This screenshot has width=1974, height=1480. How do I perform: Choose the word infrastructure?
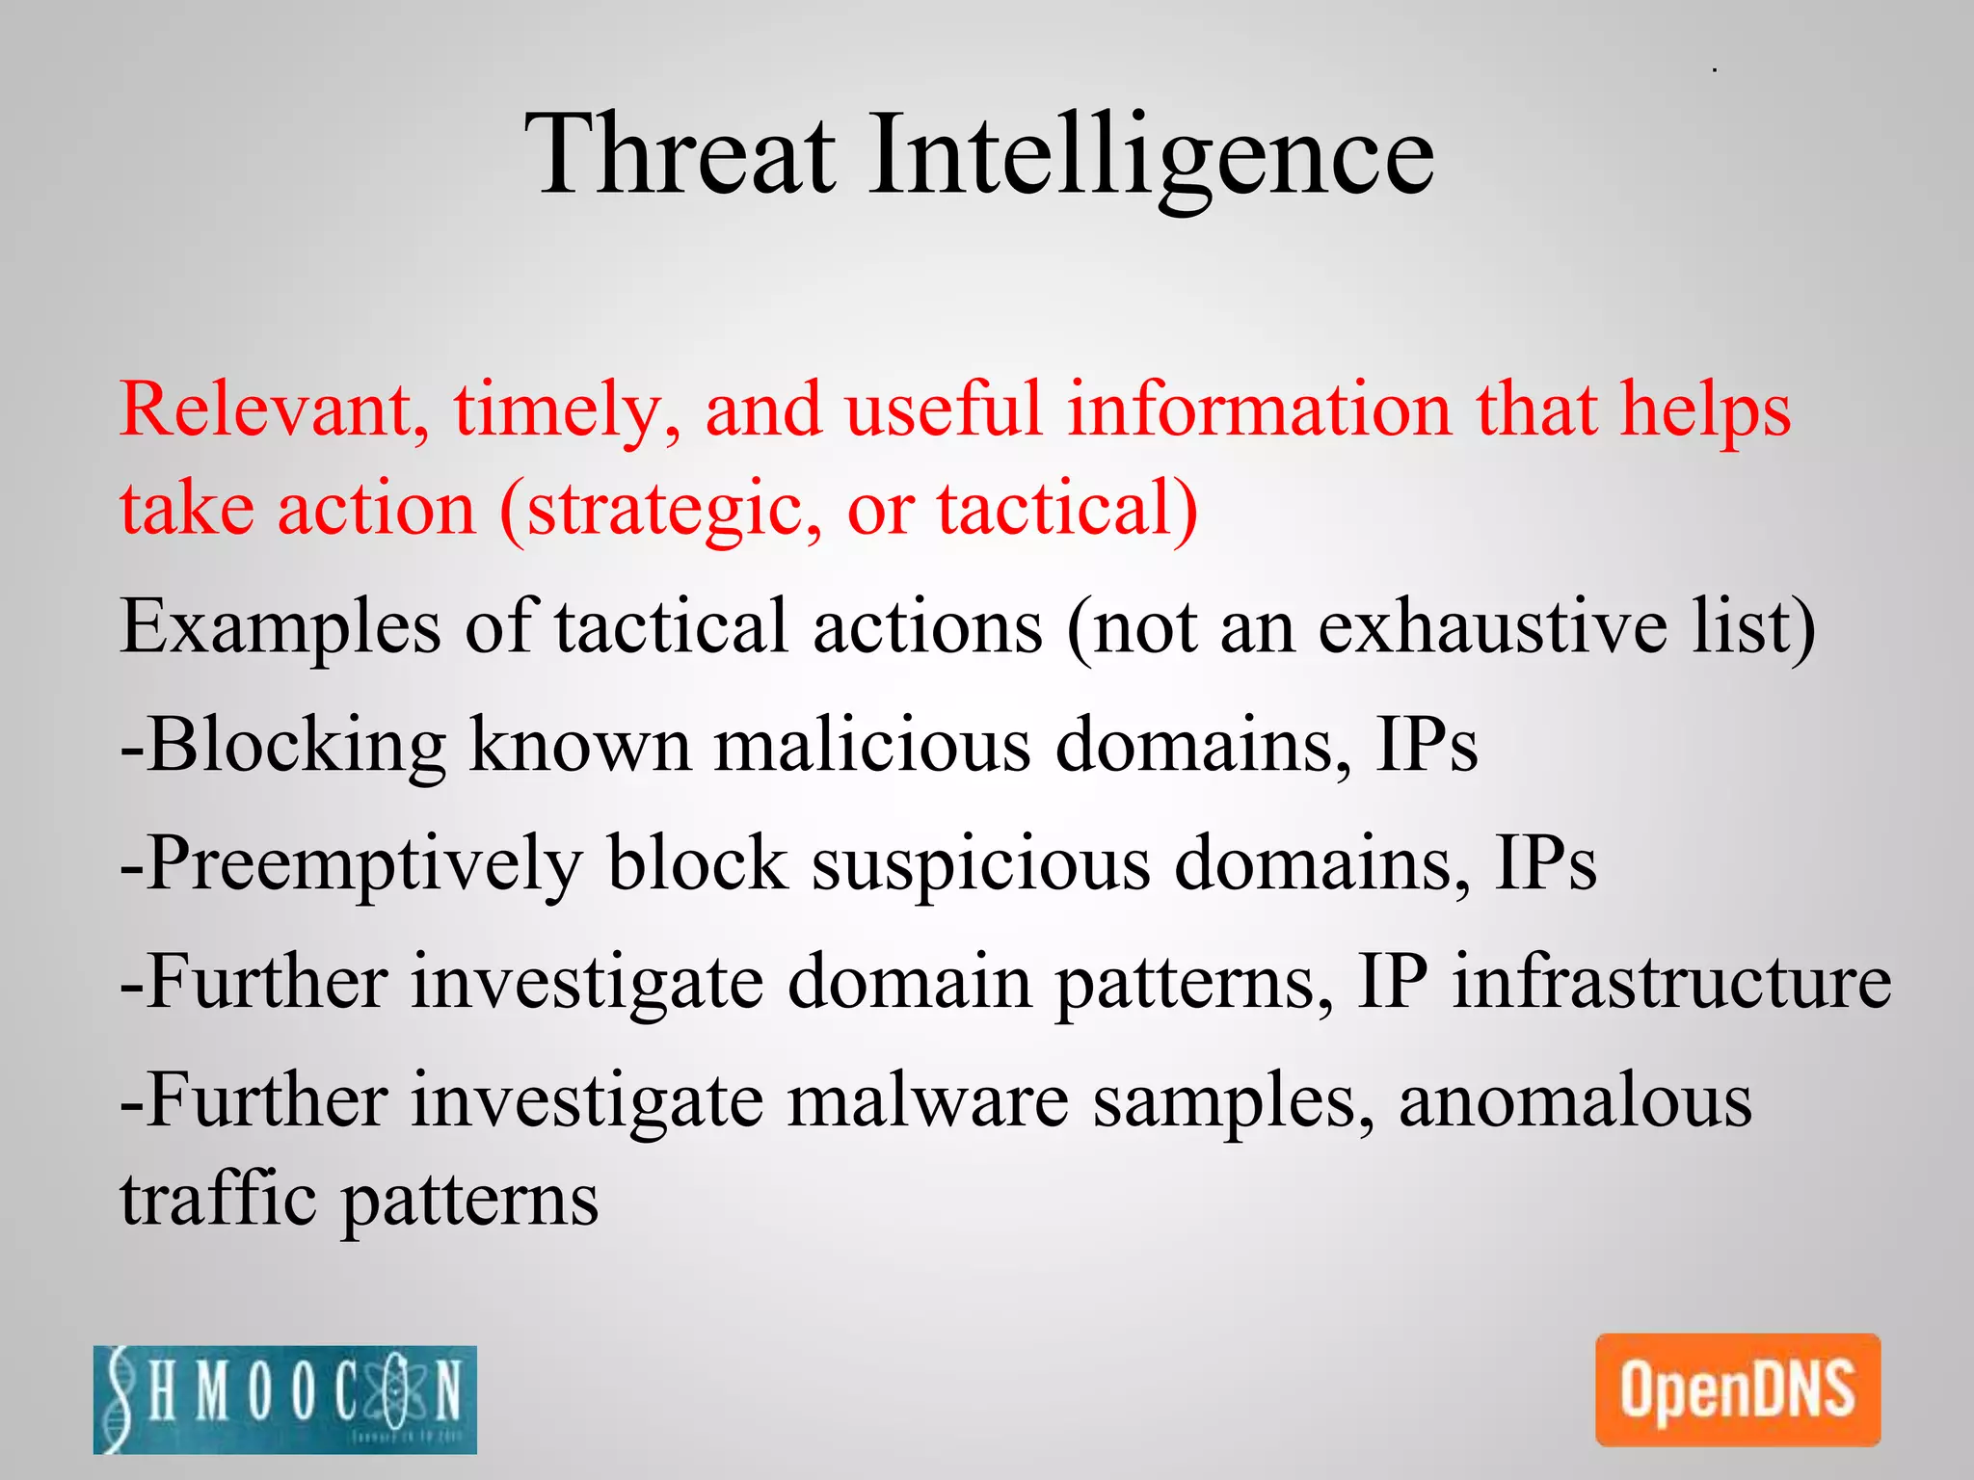click(1672, 981)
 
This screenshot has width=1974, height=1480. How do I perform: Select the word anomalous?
click(1575, 1100)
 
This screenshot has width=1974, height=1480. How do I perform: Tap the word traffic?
click(218, 1199)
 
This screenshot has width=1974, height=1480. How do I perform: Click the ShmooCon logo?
click(285, 1399)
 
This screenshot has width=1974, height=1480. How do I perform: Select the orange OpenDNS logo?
click(1738, 1389)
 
